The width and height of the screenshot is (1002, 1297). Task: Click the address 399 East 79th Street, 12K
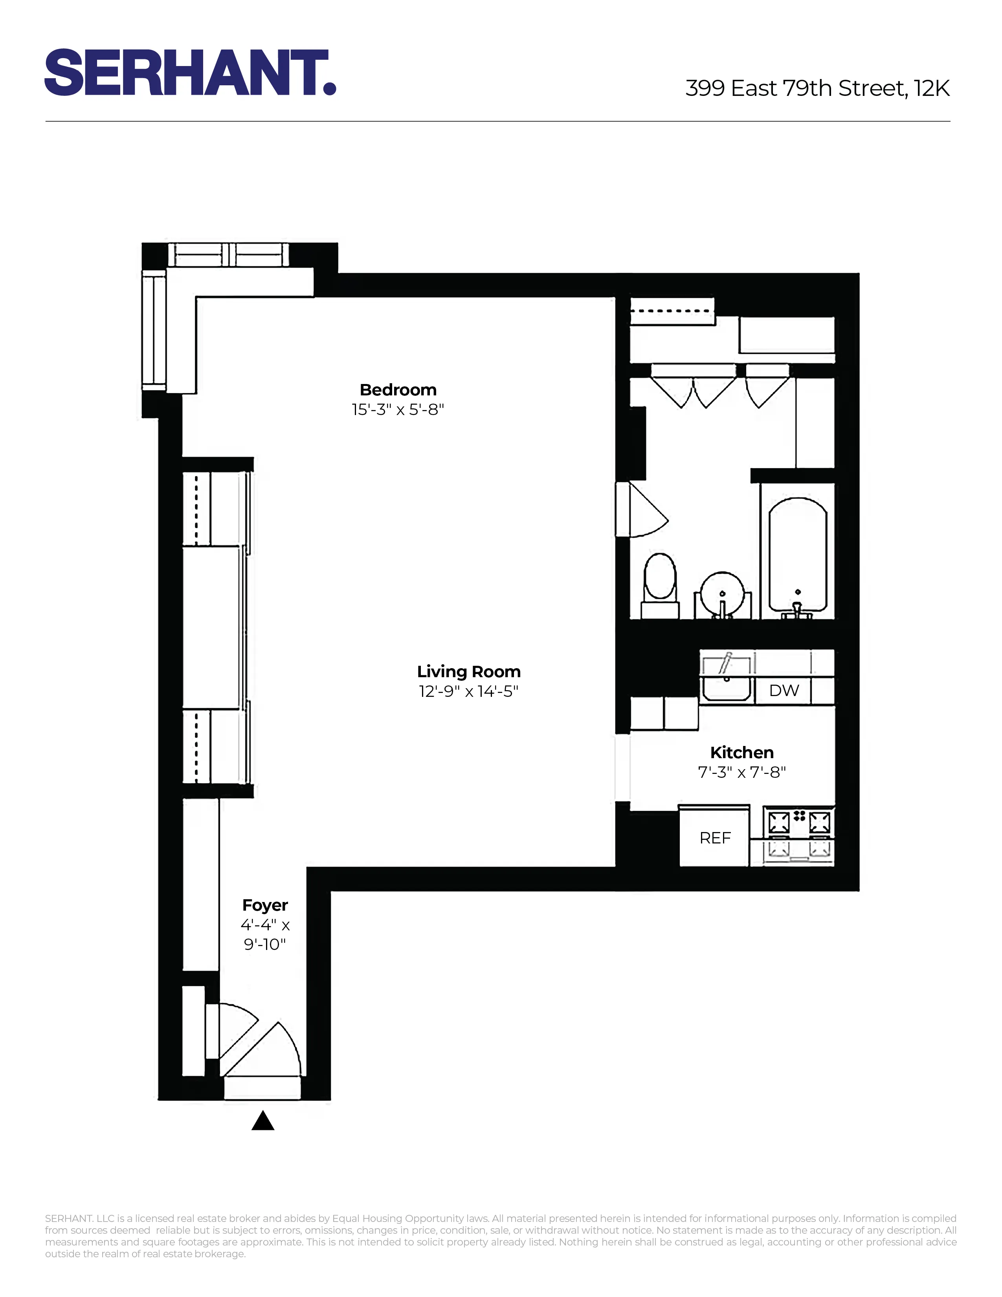tap(817, 88)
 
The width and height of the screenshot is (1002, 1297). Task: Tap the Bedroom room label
tap(398, 390)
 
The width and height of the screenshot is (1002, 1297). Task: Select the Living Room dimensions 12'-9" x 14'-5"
tap(468, 691)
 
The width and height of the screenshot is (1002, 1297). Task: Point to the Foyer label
tap(265, 905)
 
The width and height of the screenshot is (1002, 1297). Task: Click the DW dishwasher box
tap(784, 690)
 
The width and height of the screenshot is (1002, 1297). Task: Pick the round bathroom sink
tap(722, 594)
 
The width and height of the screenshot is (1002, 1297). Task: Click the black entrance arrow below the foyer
tap(262, 1121)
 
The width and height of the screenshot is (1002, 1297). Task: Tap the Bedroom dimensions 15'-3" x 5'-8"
tap(398, 410)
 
